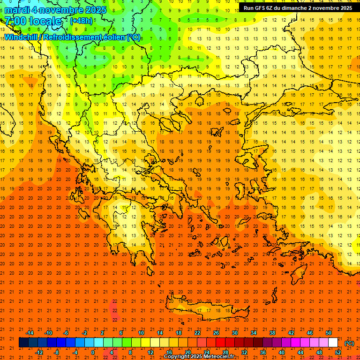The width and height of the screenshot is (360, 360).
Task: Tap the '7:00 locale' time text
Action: click(x=33, y=21)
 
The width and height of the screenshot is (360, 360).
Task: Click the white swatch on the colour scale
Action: click(x=333, y=343)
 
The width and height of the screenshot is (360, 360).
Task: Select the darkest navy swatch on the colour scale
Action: click(x=23, y=343)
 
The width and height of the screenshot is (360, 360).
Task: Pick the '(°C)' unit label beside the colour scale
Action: click(x=349, y=343)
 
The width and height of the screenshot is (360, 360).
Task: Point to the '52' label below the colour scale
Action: click(x=337, y=352)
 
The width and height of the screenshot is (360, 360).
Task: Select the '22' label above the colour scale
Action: click(x=197, y=333)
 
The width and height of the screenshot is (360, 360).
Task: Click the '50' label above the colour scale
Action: click(x=329, y=333)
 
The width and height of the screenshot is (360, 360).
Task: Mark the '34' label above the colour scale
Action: click(x=254, y=333)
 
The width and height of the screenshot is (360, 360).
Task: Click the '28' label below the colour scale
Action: click(x=225, y=352)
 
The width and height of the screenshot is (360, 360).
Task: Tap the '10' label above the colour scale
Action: click(x=141, y=333)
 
